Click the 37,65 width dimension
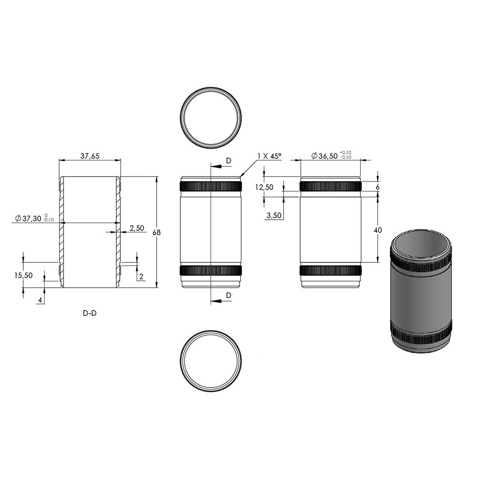click(x=90, y=156)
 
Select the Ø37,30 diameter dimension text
click(x=34, y=218)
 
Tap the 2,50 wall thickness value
click(x=137, y=228)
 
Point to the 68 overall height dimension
click(x=157, y=232)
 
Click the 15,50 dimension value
click(x=23, y=275)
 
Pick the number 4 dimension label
click(x=40, y=300)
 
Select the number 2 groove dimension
click(x=141, y=276)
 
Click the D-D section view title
click(x=90, y=313)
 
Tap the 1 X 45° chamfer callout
click(x=269, y=156)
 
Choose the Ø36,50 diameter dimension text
click(x=331, y=156)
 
